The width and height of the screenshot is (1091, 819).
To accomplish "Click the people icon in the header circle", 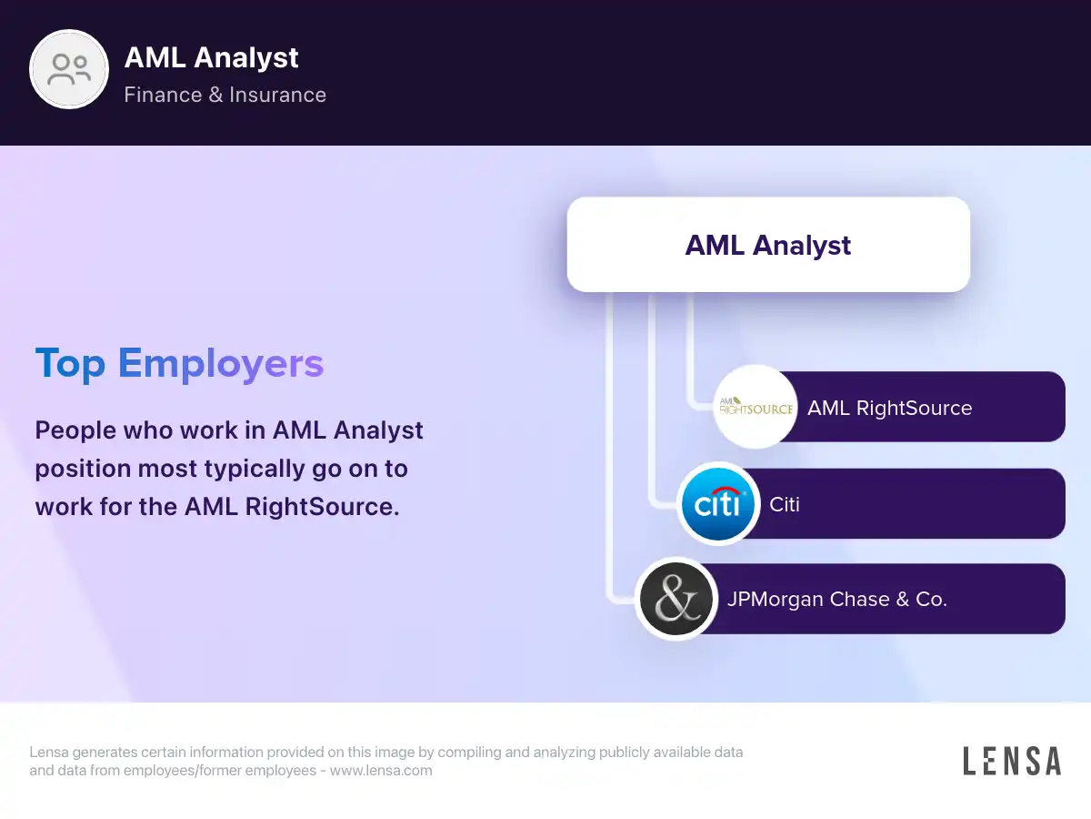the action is pos(69,70).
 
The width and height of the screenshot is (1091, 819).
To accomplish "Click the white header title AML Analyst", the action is pos(211,58).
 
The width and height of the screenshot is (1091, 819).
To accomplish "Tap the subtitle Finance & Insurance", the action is pos(225,95).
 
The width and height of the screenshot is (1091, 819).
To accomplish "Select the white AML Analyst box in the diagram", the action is pos(768,245).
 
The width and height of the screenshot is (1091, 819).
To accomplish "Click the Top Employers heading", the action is pos(179,363).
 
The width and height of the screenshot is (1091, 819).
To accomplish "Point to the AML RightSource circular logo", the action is pos(756,407).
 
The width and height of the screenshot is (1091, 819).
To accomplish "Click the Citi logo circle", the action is pos(717,504).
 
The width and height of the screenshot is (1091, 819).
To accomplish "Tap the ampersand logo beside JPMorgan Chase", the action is pos(676,599).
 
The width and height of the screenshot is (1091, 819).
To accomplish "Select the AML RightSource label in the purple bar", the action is pos(890,408).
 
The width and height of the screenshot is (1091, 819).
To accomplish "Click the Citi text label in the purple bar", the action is pos(785,504).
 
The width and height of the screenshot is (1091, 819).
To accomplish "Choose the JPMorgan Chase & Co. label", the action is pos(837,599).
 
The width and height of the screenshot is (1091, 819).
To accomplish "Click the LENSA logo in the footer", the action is pos(1012,761).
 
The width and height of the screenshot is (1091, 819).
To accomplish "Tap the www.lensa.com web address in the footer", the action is pos(381,770).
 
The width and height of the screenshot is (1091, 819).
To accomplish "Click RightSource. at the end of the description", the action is pos(322,507).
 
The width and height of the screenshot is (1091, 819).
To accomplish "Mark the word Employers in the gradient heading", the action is pos(221,363).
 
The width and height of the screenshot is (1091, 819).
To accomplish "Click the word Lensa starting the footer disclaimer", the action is pos(49,752).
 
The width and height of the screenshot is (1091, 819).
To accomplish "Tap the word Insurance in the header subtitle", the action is pos(278,95).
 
